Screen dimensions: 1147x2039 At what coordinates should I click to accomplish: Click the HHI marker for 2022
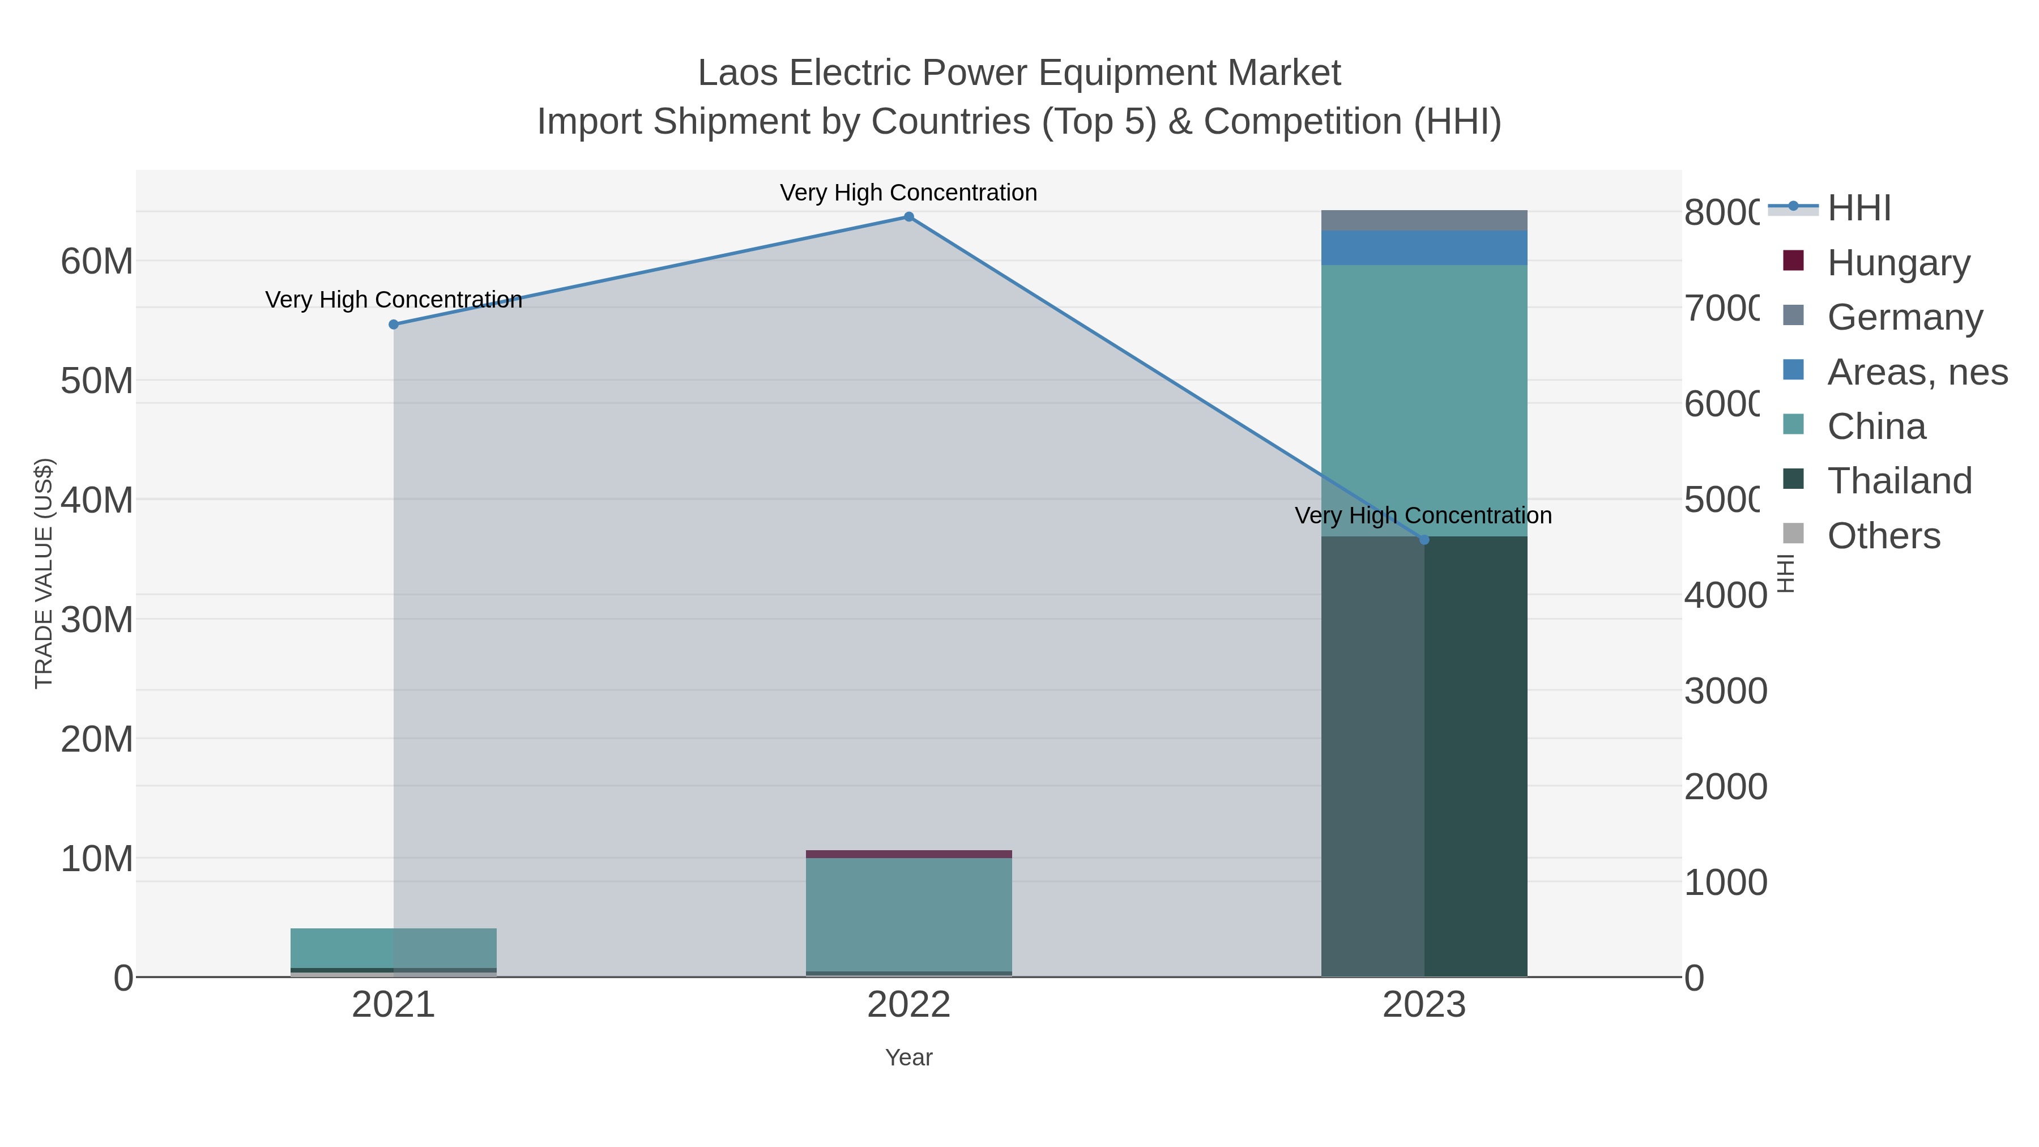pos(908,217)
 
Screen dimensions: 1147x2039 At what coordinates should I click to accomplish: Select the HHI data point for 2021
pos(394,325)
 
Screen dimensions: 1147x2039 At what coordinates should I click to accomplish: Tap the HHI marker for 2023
pos(1424,540)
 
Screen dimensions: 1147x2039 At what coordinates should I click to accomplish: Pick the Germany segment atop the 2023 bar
pos(1424,220)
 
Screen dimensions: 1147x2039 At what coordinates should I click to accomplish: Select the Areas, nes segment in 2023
pos(1424,248)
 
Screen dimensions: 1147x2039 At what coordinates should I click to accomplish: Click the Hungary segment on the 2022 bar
pos(908,854)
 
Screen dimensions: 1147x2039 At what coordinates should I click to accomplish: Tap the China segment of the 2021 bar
pos(394,948)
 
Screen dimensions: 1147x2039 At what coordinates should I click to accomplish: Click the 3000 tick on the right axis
pos(1725,691)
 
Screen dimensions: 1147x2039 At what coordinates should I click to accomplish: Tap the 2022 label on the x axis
pos(908,1005)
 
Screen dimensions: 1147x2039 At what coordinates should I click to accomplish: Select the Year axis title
pos(908,1058)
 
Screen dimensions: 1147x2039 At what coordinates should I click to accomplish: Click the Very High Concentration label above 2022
pos(908,193)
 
